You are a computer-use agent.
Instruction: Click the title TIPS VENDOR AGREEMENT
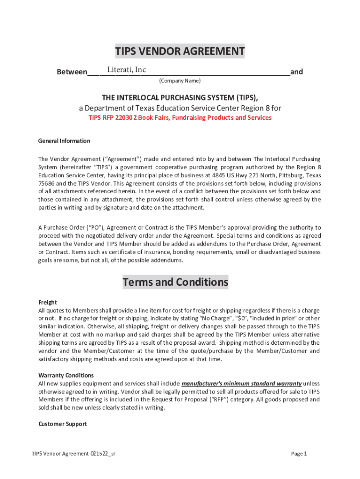click(x=180, y=51)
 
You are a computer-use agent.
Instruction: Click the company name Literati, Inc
click(x=126, y=70)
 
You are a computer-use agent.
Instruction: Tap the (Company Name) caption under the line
click(x=180, y=81)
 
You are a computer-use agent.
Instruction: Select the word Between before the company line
click(x=72, y=72)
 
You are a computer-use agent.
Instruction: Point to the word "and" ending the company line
click(x=296, y=72)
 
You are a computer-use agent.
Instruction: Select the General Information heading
click(x=64, y=141)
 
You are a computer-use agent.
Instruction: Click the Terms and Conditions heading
click(x=175, y=282)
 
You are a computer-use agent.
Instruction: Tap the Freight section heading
click(x=48, y=302)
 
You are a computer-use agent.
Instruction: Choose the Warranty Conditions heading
click(x=66, y=375)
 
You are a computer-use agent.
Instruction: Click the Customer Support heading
click(x=63, y=424)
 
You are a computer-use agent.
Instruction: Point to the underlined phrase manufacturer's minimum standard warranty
click(x=241, y=384)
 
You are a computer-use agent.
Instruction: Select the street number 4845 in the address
click(x=218, y=175)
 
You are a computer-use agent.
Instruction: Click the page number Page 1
click(x=299, y=454)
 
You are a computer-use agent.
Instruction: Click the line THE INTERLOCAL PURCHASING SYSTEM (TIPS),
click(x=180, y=97)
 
